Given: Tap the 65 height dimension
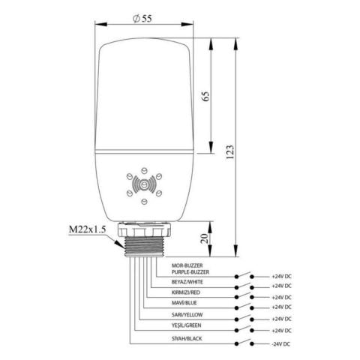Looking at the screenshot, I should pos(204,96).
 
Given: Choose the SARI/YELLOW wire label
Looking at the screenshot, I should pos(168,314).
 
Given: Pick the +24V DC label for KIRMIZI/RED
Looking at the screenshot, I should pos(281,296).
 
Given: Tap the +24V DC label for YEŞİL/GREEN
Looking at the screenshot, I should pos(281,331).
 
